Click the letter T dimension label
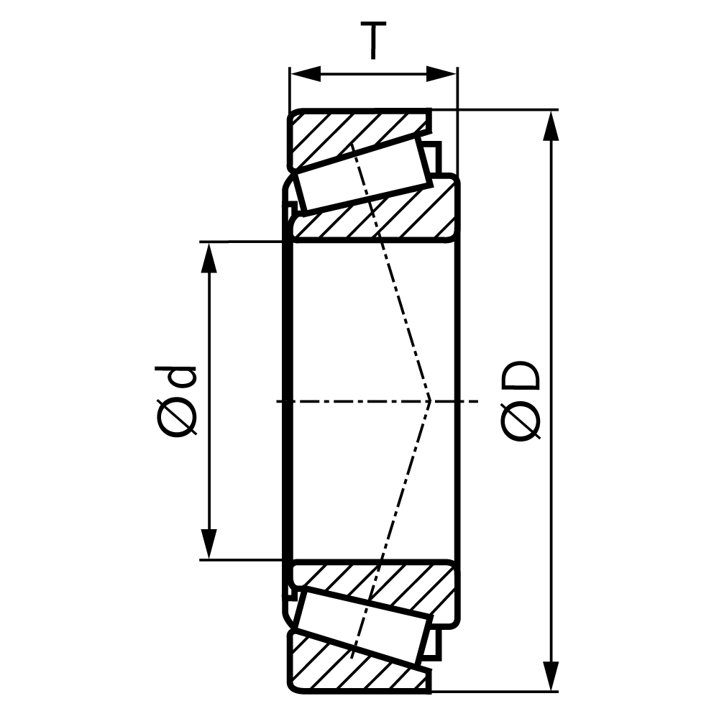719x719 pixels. [373, 40]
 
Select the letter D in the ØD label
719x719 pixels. [521, 375]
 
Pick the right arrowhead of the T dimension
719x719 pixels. [441, 74]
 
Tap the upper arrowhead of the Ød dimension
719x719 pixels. [209, 257]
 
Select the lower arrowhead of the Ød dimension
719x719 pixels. [209, 544]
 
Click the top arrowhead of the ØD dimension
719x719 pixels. [551, 126]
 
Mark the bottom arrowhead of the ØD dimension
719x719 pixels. [551, 676]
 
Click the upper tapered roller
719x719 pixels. [364, 174]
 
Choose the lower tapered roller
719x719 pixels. [364, 626]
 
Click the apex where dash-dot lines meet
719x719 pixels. [430, 401]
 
